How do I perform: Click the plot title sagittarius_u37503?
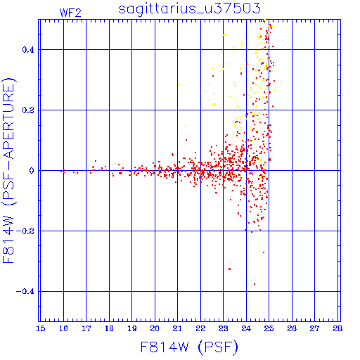(189, 8)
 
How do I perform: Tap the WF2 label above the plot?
(70, 13)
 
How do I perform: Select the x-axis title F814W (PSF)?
(189, 347)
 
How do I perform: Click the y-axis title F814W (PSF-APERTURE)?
(8, 171)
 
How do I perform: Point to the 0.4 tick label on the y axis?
(28, 50)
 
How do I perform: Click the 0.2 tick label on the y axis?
(28, 110)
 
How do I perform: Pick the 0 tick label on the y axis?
(32, 171)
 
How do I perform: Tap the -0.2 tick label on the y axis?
(25, 231)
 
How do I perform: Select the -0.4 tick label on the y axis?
(25, 292)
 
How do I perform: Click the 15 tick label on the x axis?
(41, 328)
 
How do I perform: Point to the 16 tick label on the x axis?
(63, 328)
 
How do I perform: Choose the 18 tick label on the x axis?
(109, 328)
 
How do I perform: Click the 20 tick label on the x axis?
(155, 328)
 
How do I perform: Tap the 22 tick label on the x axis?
(200, 328)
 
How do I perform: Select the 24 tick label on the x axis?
(246, 328)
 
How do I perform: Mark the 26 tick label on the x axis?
(292, 328)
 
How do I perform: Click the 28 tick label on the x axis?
(337, 328)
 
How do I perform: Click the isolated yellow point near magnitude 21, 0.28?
(179, 84)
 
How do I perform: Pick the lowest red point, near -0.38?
(255, 284)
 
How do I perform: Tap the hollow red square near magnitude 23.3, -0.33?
(230, 269)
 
